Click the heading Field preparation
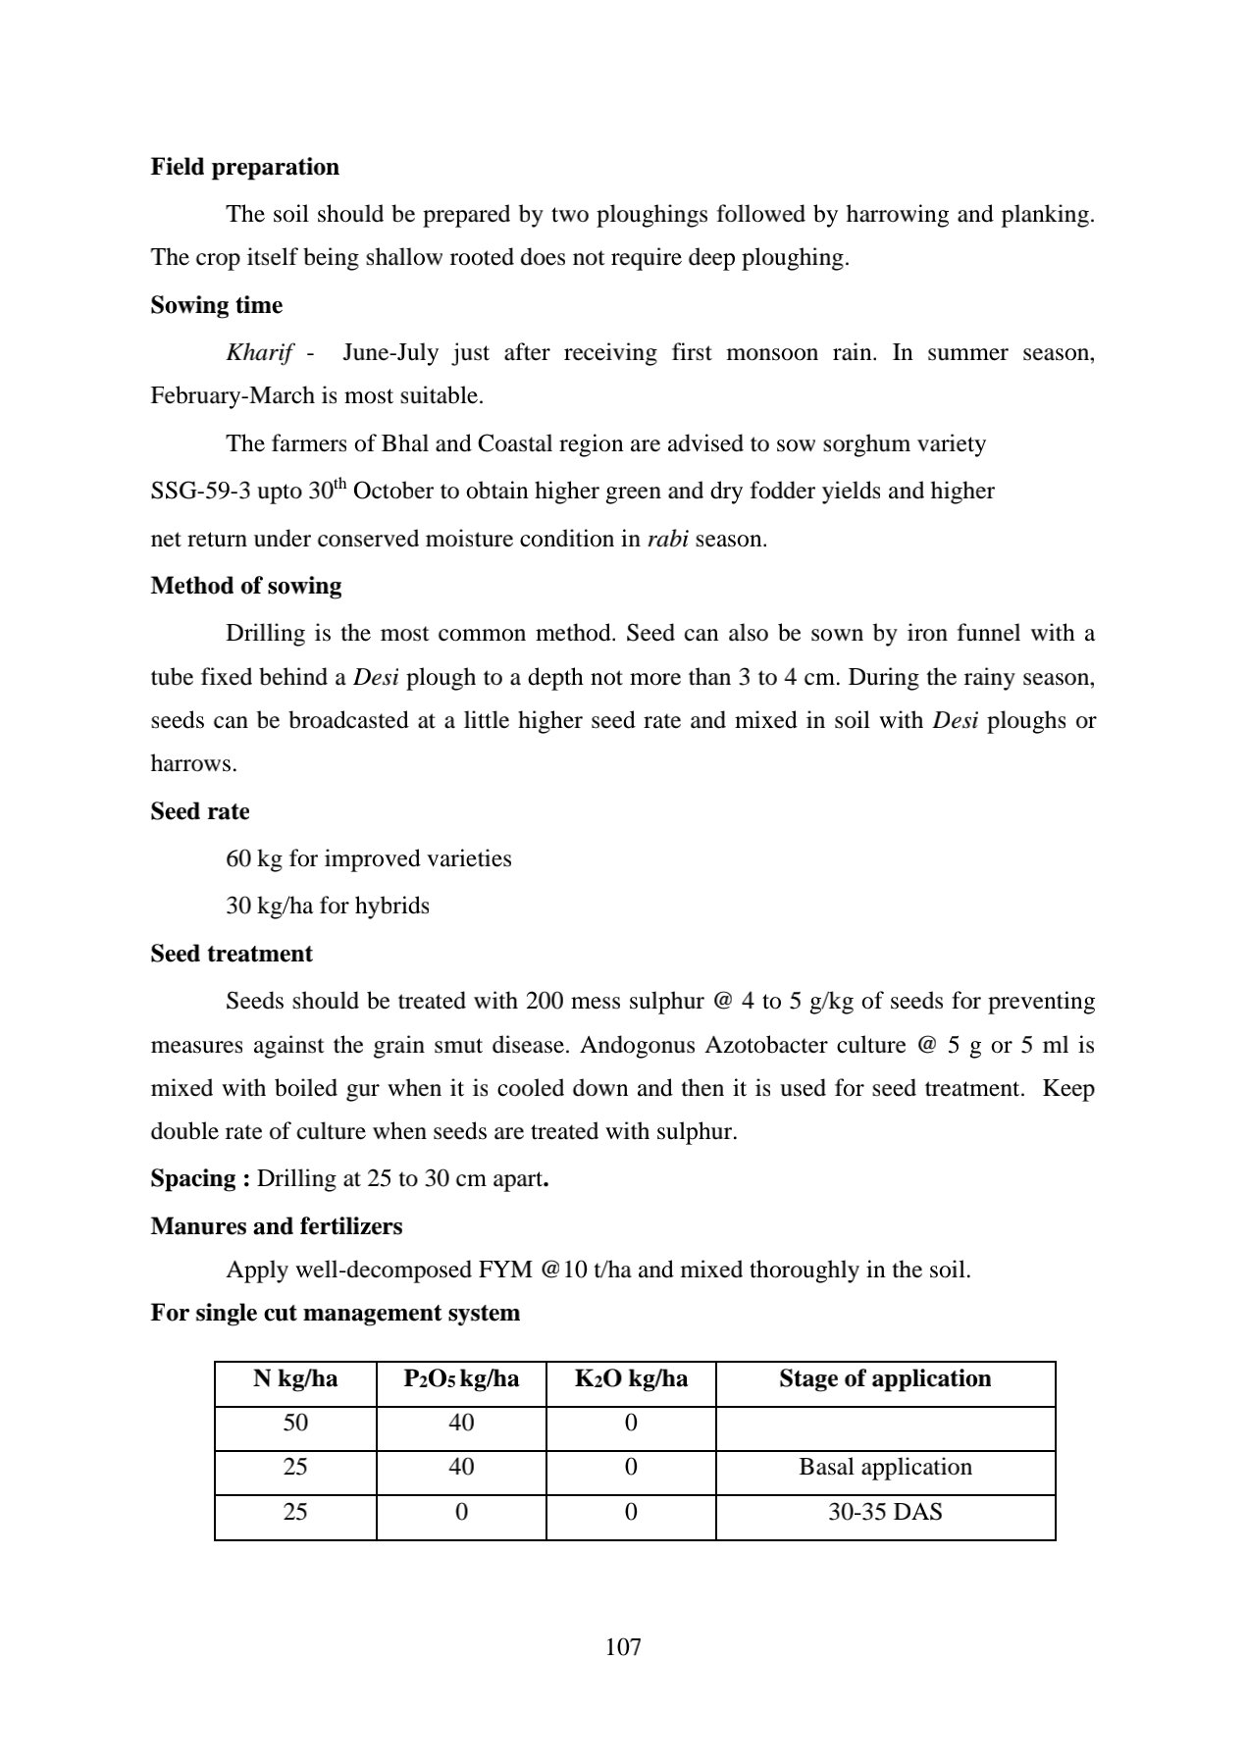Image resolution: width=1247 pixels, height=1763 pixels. [244, 167]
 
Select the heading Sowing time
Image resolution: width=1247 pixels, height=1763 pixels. [216, 305]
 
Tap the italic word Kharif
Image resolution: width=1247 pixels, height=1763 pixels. [258, 353]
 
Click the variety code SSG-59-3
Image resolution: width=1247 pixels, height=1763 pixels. [193, 492]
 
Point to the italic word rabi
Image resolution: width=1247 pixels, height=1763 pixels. [667, 539]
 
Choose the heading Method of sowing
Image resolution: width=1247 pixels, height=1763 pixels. [245, 586]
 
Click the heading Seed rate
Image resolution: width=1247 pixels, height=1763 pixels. [199, 811]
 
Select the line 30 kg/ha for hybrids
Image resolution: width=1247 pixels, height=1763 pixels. [328, 906]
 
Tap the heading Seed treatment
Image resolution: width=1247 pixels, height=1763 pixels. [231, 954]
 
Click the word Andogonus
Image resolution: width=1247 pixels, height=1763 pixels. [637, 1045]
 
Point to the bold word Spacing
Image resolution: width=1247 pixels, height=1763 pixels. [192, 1178]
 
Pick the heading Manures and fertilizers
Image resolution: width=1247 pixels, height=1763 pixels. [276, 1226]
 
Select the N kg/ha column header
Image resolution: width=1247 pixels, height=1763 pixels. [294, 1379]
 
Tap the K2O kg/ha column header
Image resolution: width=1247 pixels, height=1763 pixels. [630, 1379]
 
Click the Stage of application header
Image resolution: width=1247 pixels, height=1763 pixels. [884, 1379]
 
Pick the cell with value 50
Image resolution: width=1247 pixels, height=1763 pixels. [294, 1423]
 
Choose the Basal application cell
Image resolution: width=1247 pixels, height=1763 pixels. [885, 1468]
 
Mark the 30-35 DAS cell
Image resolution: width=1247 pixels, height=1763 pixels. [885, 1512]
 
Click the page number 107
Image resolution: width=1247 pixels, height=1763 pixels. [623, 1647]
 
